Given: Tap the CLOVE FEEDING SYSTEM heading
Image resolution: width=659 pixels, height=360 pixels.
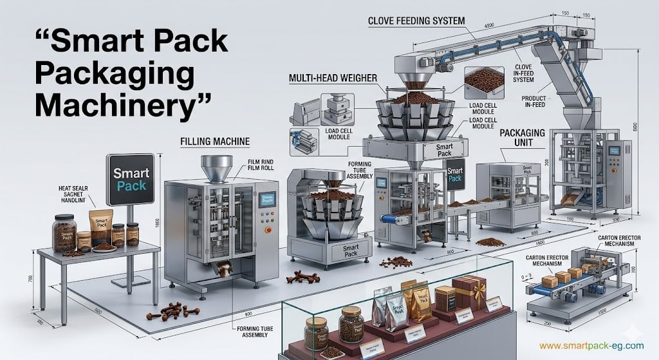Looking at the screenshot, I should point(416,21).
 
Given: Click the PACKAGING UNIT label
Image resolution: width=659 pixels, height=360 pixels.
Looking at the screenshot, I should point(522,138).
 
